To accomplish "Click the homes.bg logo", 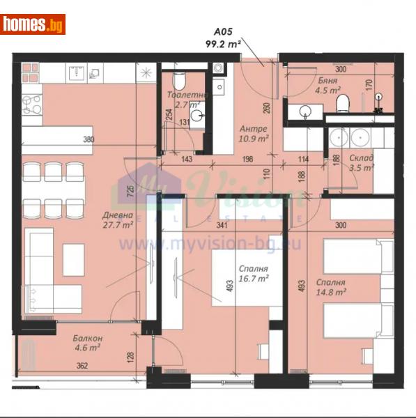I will tap(33, 24).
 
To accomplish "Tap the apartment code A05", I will tap(222, 31).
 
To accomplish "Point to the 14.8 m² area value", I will tap(332, 293).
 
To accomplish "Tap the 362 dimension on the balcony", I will tap(82, 365).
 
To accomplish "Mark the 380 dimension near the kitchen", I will tap(88, 139).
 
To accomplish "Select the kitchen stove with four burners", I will tap(32, 104).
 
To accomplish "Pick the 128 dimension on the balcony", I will tap(130, 357).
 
